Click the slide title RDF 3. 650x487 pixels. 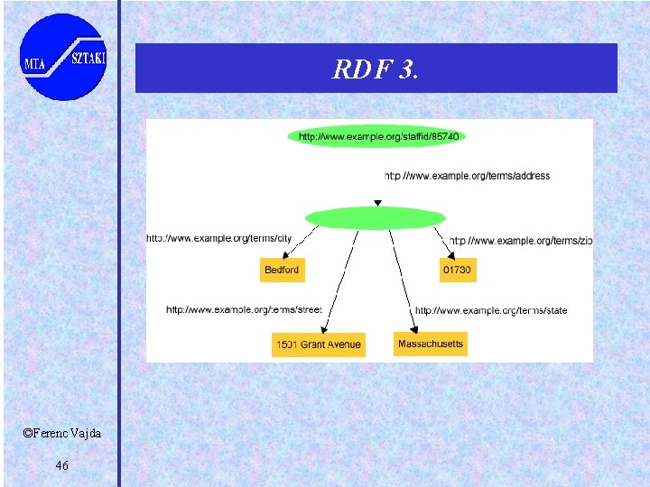tap(376, 69)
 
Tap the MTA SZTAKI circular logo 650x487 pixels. tap(63, 56)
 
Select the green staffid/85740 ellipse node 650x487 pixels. tap(377, 136)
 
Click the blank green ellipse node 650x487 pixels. tap(376, 218)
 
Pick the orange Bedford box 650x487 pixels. tap(282, 270)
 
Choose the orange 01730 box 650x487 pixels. tap(457, 270)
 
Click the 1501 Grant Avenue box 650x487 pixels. tap(318, 345)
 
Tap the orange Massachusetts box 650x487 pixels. tap(431, 344)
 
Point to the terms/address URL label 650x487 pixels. tap(467, 176)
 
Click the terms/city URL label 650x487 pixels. tap(219, 238)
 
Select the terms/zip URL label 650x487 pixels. tap(521, 240)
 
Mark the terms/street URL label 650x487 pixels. tap(244, 309)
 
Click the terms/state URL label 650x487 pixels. tap(491, 310)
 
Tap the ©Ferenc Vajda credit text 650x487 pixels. tap(62, 434)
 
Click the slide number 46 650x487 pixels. tap(61, 465)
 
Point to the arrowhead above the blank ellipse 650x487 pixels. tap(377, 203)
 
